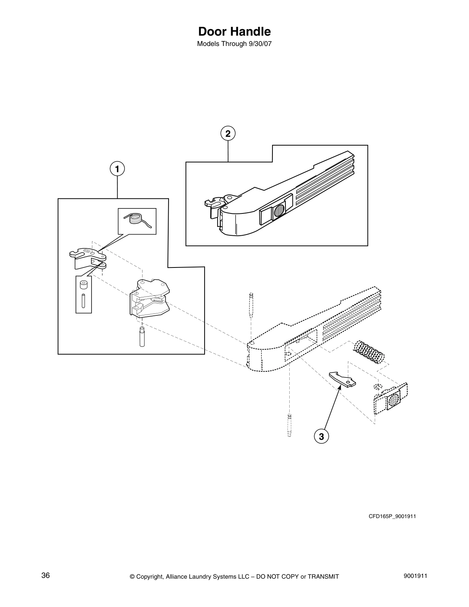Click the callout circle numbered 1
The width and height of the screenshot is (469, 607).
117,169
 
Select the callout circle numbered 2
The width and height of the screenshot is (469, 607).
228,133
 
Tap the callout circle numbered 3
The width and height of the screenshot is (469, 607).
321,436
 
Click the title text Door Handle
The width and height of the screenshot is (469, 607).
234,31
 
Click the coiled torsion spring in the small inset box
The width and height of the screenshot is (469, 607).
136,220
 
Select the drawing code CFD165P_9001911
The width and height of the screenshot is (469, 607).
392,516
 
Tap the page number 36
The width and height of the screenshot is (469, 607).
46,576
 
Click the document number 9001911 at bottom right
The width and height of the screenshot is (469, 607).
415,576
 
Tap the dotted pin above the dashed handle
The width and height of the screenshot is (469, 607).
251,305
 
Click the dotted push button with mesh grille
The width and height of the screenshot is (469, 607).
391,400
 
